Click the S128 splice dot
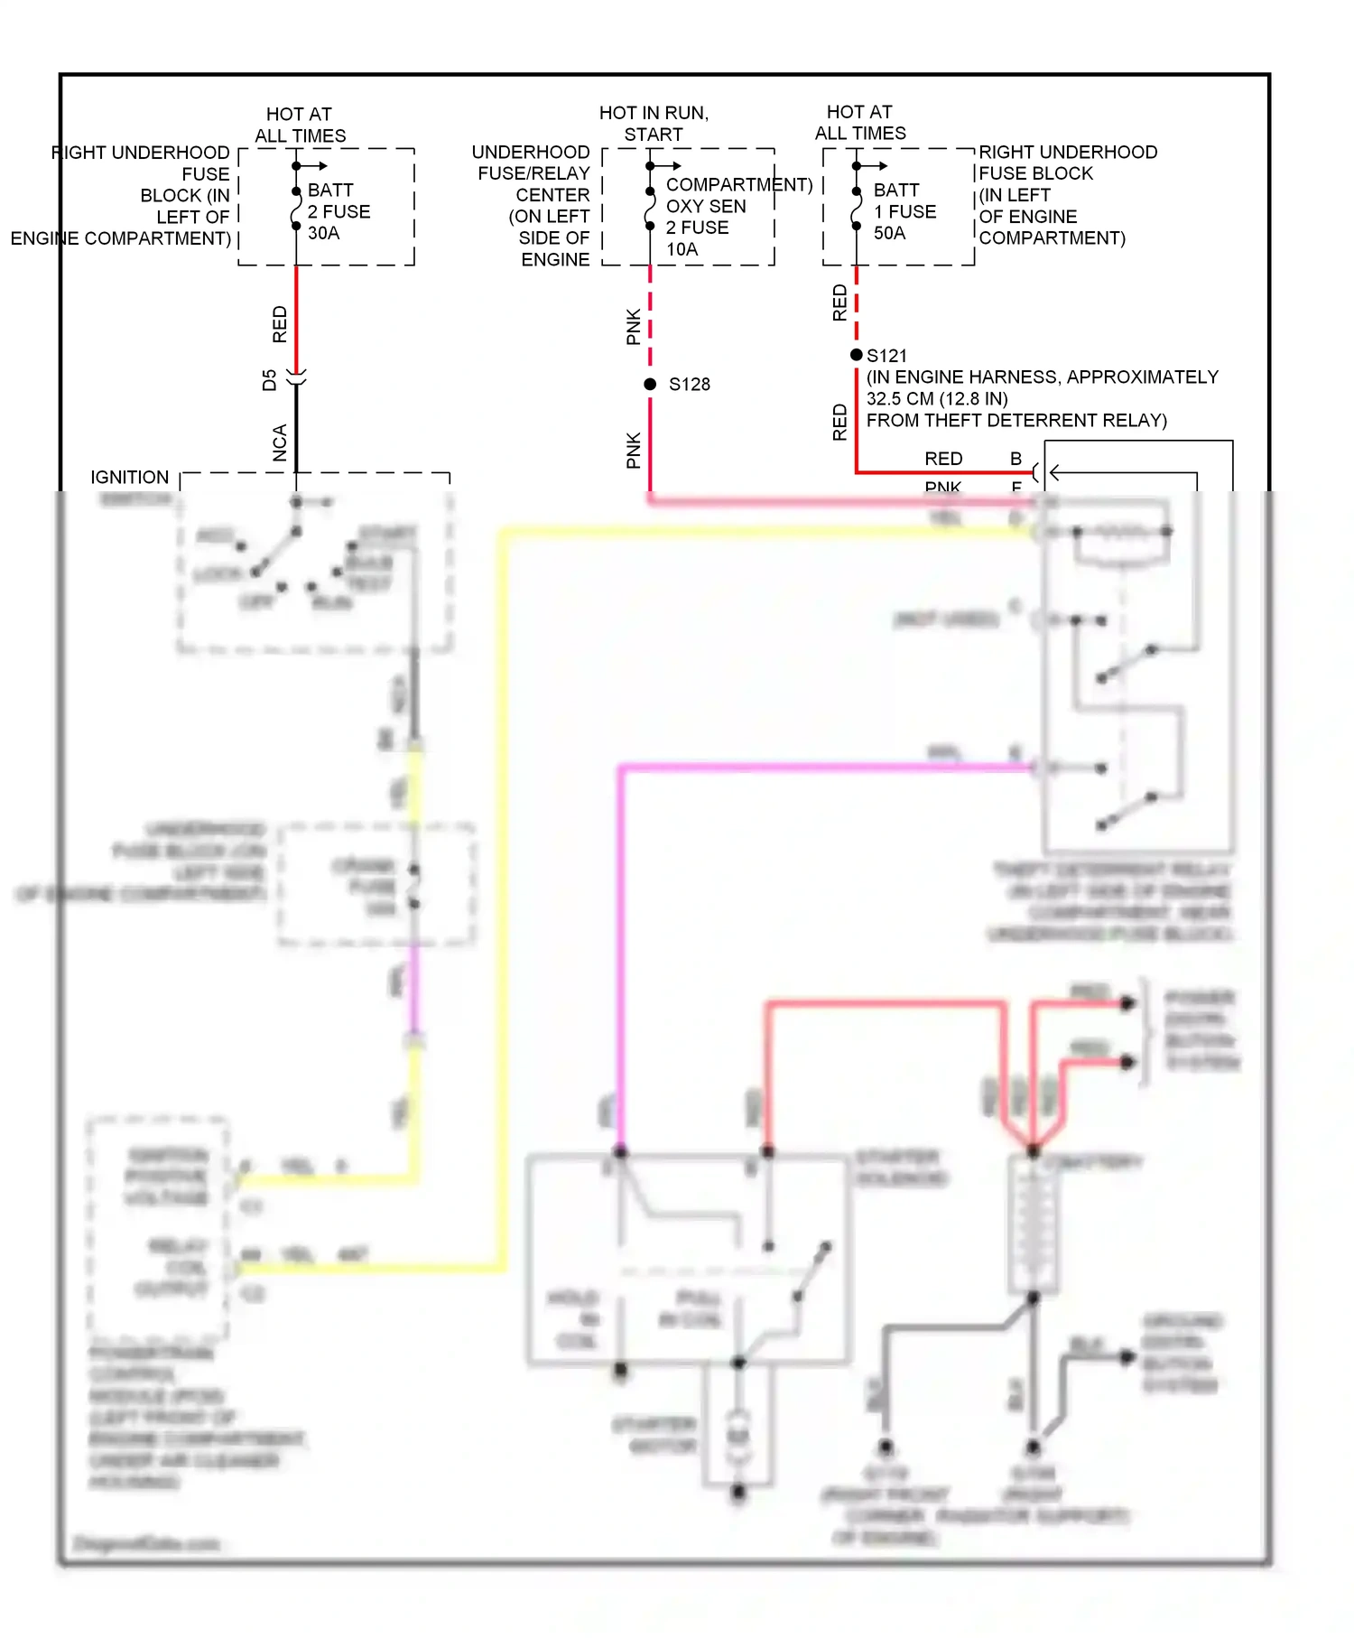pos(650,385)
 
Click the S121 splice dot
pos(857,355)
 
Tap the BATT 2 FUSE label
pos(338,201)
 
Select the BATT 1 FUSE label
pos(904,201)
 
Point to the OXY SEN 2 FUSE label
pos(706,217)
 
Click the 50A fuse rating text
pos(889,233)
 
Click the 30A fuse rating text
pos(323,233)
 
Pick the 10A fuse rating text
pos(682,249)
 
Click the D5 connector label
pos(269,380)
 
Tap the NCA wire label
pos(280,443)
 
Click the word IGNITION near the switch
pos(129,477)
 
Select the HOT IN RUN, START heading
pos(654,124)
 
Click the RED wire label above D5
pos(280,324)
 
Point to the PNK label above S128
pos(634,327)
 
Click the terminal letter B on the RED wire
pos(1015,459)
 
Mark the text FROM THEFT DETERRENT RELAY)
pos(1016,421)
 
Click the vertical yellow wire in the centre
pos(502,903)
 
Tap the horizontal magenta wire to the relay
pos(812,768)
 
